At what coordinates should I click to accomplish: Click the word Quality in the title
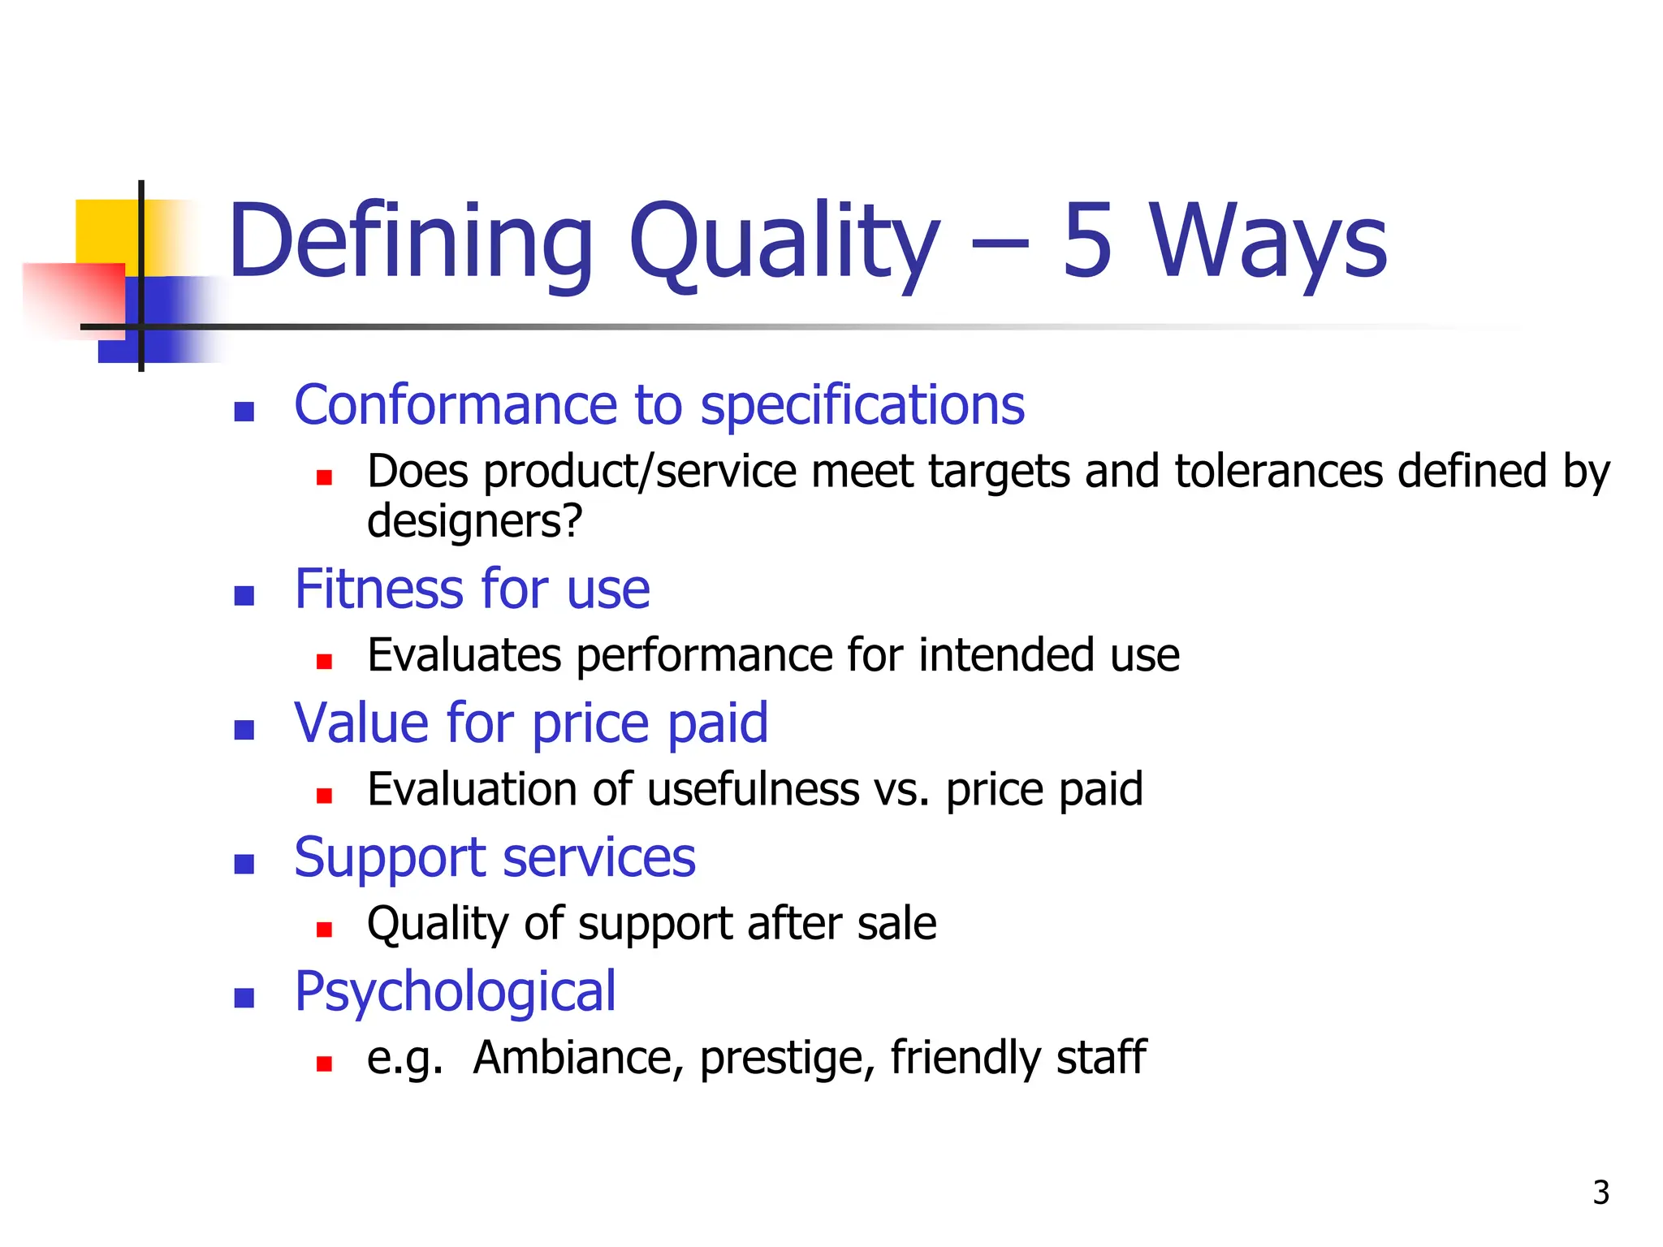click(784, 244)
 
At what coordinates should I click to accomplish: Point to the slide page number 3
click(1600, 1193)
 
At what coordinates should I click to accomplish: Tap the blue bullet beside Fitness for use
click(244, 596)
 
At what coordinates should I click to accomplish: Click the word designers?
click(475, 521)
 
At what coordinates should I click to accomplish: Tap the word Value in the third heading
click(363, 723)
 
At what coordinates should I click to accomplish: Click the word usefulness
click(753, 789)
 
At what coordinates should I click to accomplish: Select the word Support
click(390, 859)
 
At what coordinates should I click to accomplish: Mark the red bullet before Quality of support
click(325, 930)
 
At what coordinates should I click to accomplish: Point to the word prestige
click(787, 1059)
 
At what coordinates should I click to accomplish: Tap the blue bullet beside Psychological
click(244, 998)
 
